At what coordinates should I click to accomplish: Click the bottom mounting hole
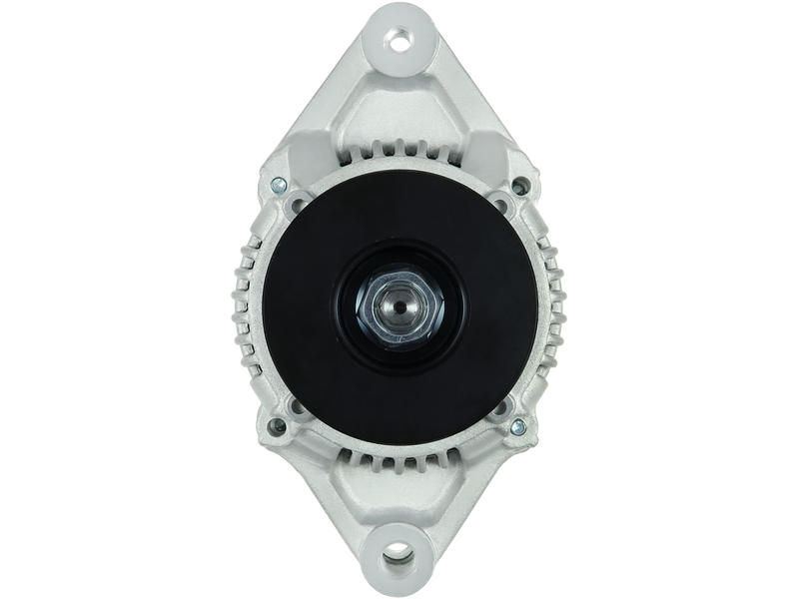[x=399, y=552]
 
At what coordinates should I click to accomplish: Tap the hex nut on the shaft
[x=399, y=307]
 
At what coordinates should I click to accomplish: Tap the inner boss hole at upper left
[x=296, y=207]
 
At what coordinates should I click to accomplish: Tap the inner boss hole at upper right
[x=504, y=207]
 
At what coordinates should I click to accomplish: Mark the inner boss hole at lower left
[x=296, y=407]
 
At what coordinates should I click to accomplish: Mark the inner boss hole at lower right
[x=504, y=407]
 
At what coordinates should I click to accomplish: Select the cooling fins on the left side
[x=245, y=299]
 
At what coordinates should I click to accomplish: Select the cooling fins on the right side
[x=555, y=299]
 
